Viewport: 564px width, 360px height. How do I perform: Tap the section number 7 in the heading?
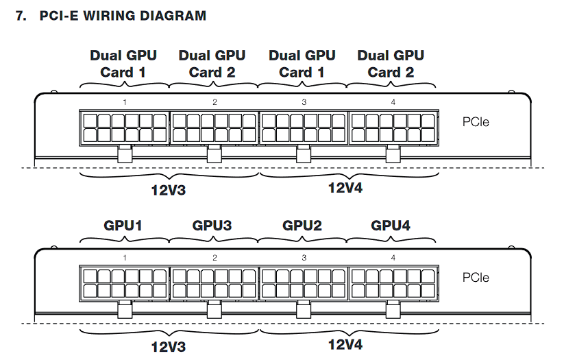click(19, 15)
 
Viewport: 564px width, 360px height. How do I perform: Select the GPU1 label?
click(123, 224)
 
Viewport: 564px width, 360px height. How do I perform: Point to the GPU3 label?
click(212, 224)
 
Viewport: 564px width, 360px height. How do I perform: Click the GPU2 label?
click(302, 224)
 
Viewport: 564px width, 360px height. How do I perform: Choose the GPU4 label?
click(391, 224)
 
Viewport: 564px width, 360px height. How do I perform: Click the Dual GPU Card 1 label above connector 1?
click(123, 63)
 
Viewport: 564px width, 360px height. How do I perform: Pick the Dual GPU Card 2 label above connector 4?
click(391, 63)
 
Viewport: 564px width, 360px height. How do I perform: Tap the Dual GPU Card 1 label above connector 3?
click(302, 63)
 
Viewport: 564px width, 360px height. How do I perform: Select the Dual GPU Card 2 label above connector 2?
click(212, 63)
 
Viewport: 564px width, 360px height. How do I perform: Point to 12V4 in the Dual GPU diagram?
click(345, 188)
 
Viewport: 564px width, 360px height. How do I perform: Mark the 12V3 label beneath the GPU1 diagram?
click(169, 346)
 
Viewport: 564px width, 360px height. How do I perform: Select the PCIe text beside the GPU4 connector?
click(476, 278)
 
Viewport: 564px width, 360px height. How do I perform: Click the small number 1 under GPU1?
click(125, 258)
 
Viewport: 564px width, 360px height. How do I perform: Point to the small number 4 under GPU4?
click(393, 258)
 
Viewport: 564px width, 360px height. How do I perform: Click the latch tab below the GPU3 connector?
click(214, 310)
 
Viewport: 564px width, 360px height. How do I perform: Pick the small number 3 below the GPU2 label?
click(304, 258)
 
